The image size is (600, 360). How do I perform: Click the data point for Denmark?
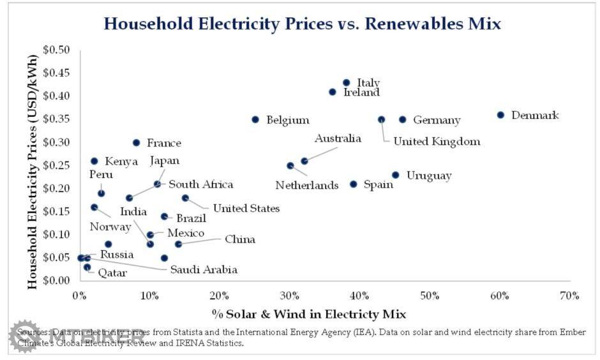pyautogui.click(x=500, y=115)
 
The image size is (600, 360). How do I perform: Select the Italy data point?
pyautogui.click(x=346, y=83)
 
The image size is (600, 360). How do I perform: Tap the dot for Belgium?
pyautogui.click(x=255, y=119)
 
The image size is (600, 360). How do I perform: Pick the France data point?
pyautogui.click(x=136, y=142)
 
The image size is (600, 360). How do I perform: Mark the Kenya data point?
pyautogui.click(x=94, y=161)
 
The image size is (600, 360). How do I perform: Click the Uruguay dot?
pyautogui.click(x=395, y=175)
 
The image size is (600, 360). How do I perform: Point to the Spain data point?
pyautogui.click(x=353, y=184)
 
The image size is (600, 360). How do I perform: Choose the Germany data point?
pyautogui.click(x=402, y=119)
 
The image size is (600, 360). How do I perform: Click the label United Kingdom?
pyautogui.click(x=437, y=142)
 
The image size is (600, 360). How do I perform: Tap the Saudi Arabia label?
pyautogui.click(x=204, y=269)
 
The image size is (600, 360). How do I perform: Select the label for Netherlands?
pyautogui.click(x=307, y=186)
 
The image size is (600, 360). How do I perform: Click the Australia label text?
pyautogui.click(x=338, y=139)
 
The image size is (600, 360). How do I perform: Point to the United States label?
pyautogui.click(x=246, y=208)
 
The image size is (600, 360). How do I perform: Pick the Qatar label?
pyautogui.click(x=112, y=273)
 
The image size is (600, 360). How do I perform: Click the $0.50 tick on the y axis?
pyautogui.click(x=56, y=50)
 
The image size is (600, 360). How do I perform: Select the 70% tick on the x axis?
pyautogui.click(x=569, y=296)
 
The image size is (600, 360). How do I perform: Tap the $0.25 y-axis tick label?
pyautogui.click(x=56, y=165)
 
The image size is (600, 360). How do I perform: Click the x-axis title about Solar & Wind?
pyautogui.click(x=309, y=314)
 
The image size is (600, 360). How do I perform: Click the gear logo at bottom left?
pyautogui.click(x=24, y=336)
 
